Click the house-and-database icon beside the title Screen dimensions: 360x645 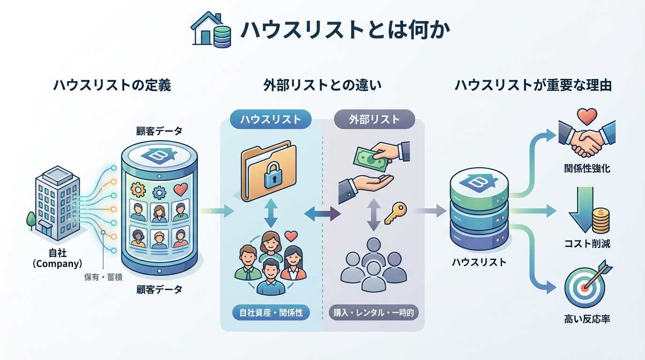(212, 30)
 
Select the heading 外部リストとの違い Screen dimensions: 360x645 (322, 86)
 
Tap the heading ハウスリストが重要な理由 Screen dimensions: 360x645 (533, 86)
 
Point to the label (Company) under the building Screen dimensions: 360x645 (58, 264)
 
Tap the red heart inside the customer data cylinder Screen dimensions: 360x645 (180, 189)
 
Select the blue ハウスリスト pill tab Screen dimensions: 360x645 (271, 120)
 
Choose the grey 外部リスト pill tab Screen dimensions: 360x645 (375, 120)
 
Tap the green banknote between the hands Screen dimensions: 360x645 (371, 157)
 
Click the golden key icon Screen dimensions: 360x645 (395, 214)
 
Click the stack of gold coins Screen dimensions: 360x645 (600, 221)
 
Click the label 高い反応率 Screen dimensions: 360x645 (587, 320)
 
